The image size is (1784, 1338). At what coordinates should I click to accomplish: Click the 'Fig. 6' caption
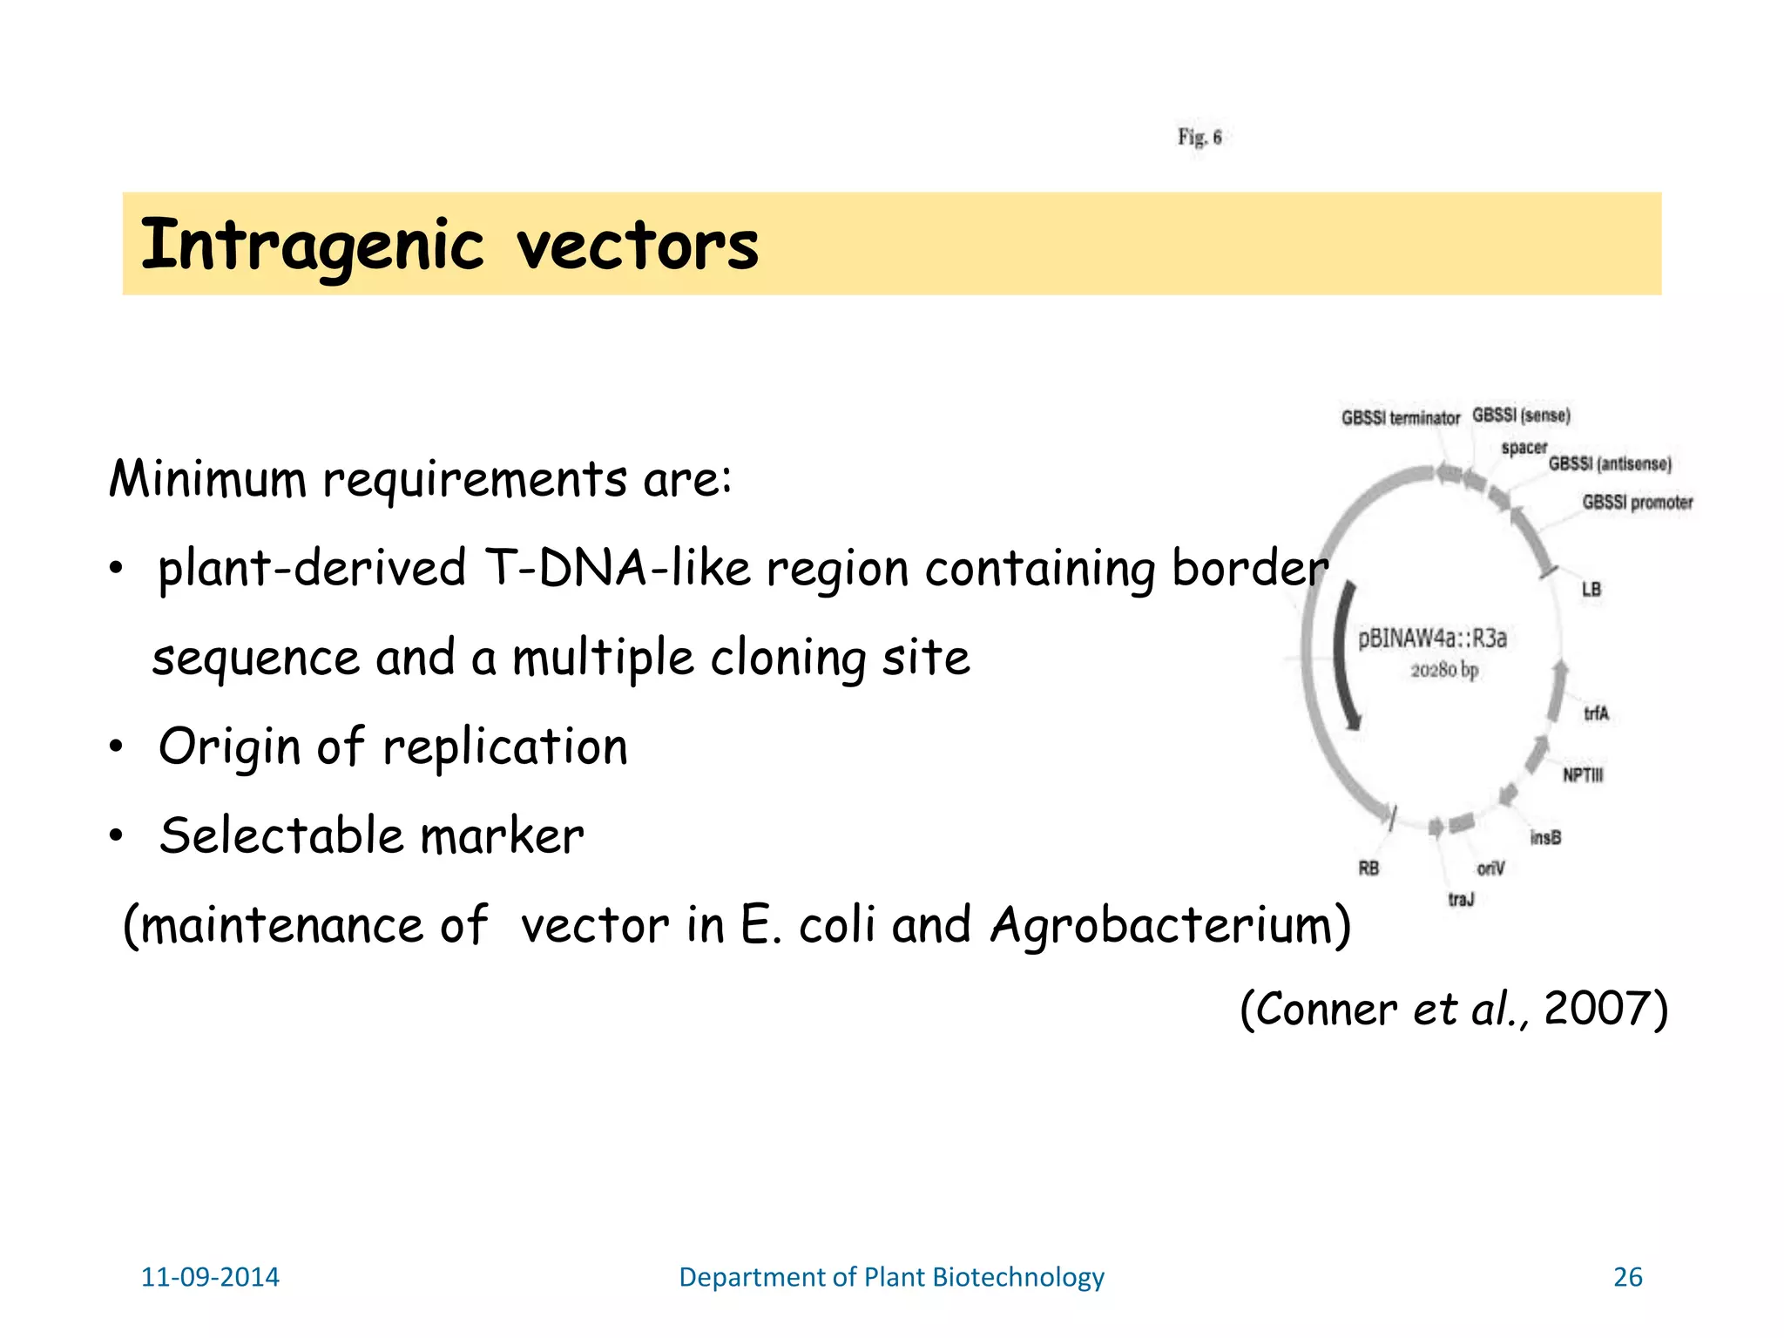[x=1199, y=138]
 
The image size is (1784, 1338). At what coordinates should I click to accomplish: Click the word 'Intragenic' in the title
[x=312, y=246]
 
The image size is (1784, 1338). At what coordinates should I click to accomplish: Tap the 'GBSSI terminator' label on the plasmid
[x=1400, y=418]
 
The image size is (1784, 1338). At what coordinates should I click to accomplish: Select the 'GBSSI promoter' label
[x=1637, y=503]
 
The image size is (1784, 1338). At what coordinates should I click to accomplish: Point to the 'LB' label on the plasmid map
[x=1591, y=590]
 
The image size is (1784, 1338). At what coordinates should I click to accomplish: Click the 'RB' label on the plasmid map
[x=1368, y=868]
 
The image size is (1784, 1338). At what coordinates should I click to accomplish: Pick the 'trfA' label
[x=1596, y=714]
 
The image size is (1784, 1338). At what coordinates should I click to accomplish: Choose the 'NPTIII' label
[x=1582, y=775]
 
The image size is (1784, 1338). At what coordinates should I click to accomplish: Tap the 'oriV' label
[x=1490, y=868]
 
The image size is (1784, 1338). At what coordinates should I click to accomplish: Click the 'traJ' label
[x=1461, y=899]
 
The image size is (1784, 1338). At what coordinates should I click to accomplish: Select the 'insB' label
[x=1545, y=838]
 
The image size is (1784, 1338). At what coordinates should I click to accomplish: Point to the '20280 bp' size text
[x=1444, y=670]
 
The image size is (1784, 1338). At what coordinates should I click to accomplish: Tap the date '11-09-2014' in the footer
[x=210, y=1277]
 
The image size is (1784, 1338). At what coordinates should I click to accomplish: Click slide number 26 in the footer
[x=1627, y=1277]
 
